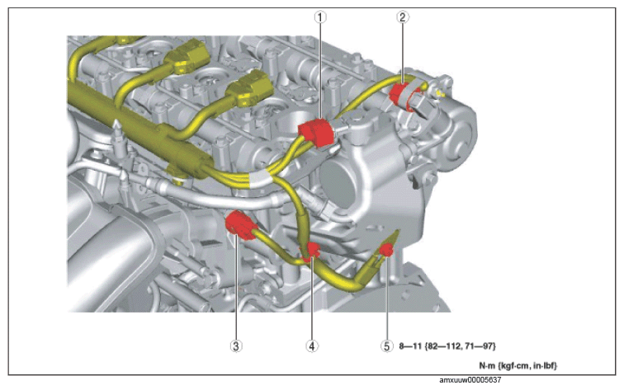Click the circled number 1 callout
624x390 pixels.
point(320,17)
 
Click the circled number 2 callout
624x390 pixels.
point(402,17)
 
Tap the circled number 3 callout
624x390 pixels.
point(236,345)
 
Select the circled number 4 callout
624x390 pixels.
point(312,345)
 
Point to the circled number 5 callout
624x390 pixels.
point(386,345)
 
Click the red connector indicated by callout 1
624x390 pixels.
point(315,133)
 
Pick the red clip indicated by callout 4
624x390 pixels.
point(311,252)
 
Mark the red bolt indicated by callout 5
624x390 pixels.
point(386,251)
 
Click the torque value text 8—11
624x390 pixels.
point(410,345)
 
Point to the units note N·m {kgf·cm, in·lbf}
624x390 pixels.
point(518,365)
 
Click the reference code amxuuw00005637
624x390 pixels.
point(470,380)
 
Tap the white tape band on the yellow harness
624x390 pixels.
point(261,180)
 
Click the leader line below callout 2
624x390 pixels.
point(402,53)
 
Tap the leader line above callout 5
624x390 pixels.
point(387,298)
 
